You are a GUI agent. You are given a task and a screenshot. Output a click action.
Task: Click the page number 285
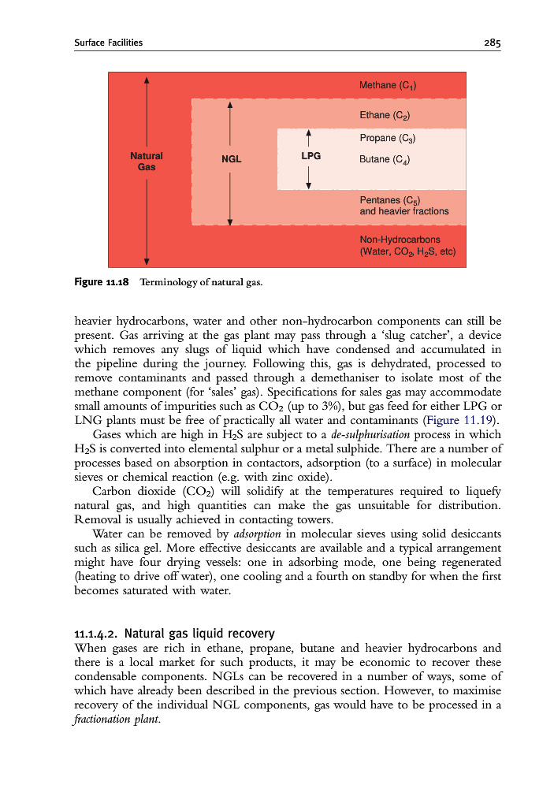coord(493,43)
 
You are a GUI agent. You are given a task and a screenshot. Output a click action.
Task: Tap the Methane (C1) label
coord(388,85)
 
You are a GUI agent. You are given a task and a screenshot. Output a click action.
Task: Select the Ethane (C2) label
coord(385,115)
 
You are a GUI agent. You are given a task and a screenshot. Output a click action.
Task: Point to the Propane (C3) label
coord(387,138)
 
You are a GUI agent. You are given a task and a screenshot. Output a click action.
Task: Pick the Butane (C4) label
coord(385,159)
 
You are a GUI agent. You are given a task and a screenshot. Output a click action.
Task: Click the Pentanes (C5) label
coord(392,200)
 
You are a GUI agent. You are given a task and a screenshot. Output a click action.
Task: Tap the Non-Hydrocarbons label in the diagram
coord(400,240)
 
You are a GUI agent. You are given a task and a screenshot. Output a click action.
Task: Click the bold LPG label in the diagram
coord(310,156)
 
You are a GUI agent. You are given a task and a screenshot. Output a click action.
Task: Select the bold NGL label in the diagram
coord(231,158)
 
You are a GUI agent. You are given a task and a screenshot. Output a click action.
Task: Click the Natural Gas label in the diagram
coord(147,162)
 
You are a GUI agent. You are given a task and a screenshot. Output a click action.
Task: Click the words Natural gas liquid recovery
coord(200,633)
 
